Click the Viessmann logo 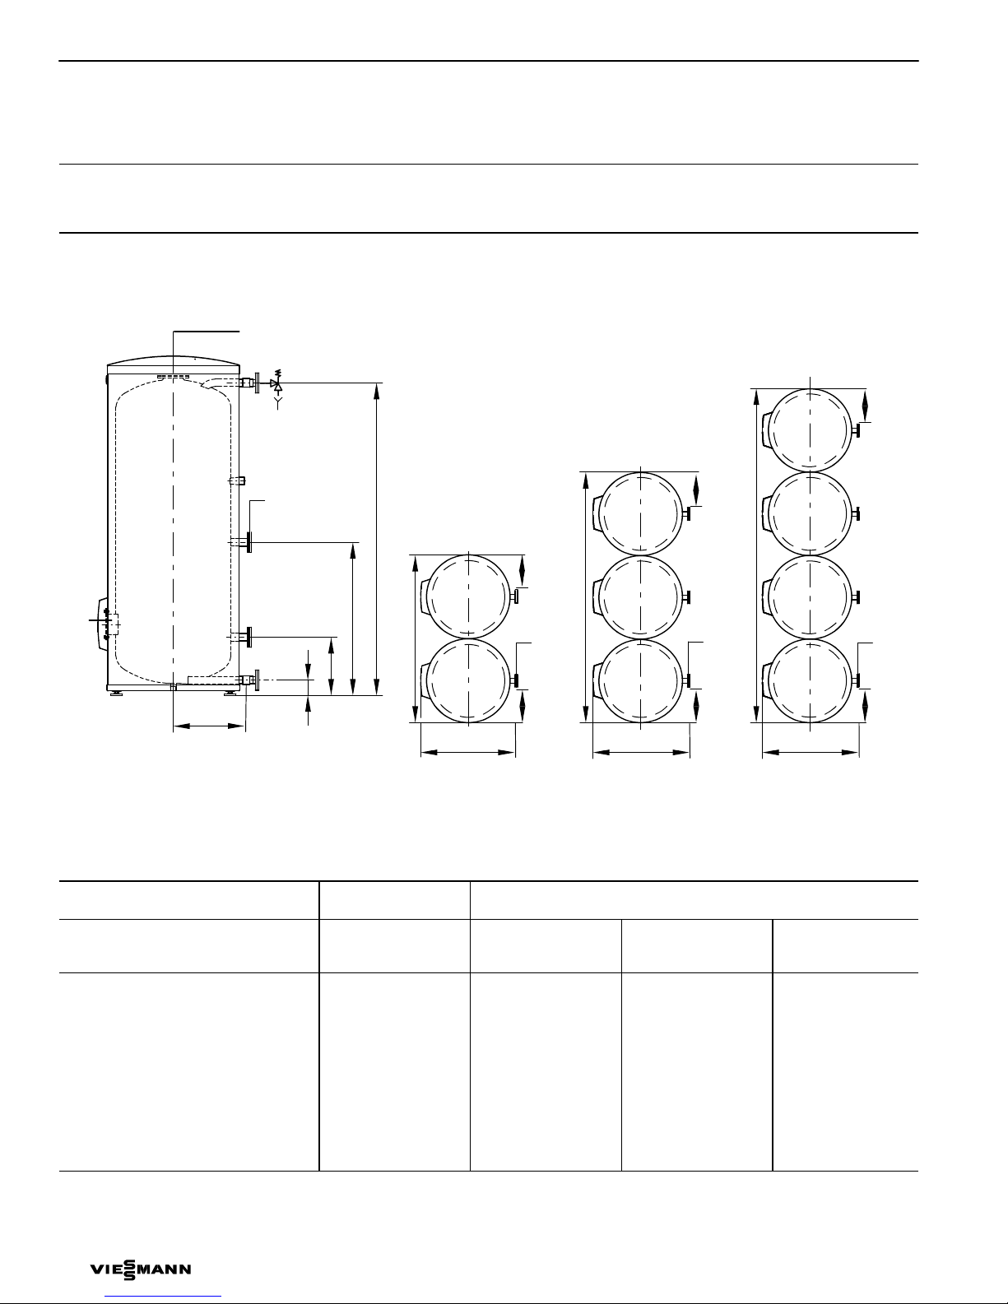click(x=141, y=1269)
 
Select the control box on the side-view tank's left click(x=103, y=624)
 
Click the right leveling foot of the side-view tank click(x=230, y=694)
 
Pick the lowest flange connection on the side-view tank click(x=249, y=680)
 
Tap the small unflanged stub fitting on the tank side click(x=238, y=480)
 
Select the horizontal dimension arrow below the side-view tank click(x=209, y=726)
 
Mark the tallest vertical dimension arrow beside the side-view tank click(x=377, y=539)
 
